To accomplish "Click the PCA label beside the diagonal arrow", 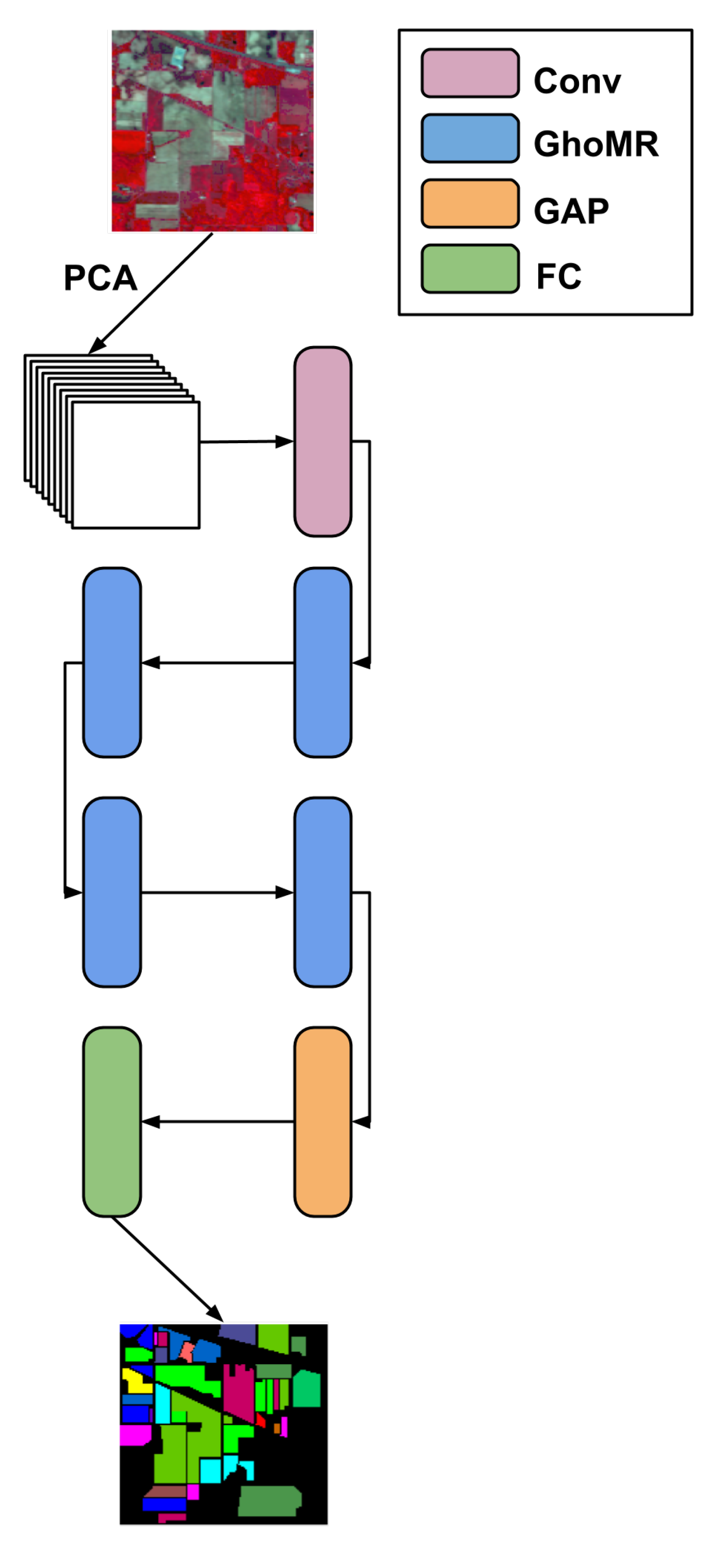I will coord(100,278).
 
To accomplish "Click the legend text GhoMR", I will coord(595,144).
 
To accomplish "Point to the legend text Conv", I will coord(577,81).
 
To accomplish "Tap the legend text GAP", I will coord(571,210).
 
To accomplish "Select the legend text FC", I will coord(558,276).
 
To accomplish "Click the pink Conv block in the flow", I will coord(322,441).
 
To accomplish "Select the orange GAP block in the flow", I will coord(322,1122).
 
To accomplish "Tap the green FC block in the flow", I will coord(112,1122).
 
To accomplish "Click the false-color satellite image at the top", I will coord(212,131).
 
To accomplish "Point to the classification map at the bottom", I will coord(224,1423).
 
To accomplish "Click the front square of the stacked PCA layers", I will coord(136,465).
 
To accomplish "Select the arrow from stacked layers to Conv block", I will coord(246,442).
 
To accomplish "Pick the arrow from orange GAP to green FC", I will coord(217,1122).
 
